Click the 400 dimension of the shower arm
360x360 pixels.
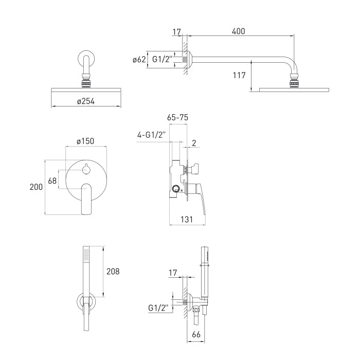pyautogui.click(x=238, y=31)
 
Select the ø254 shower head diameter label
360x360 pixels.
pyautogui.click(x=86, y=101)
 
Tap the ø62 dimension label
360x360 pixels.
pyautogui.click(x=139, y=60)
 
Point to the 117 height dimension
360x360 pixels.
pyautogui.click(x=239, y=75)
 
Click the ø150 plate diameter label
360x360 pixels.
pyautogui.click(x=85, y=141)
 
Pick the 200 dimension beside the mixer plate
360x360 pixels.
pyautogui.click(x=36, y=187)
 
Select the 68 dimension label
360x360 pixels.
pyautogui.click(x=52, y=181)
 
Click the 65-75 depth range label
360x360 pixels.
pyautogui.click(x=177, y=117)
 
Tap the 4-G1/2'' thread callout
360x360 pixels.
pyautogui.click(x=151, y=135)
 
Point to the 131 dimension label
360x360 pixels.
pyautogui.click(x=187, y=219)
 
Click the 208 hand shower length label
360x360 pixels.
pyautogui.click(x=113, y=272)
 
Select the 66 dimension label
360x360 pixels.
pyautogui.click(x=196, y=334)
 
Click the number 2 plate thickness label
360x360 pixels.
pyautogui.click(x=194, y=143)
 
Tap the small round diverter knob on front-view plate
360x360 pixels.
pyautogui.click(x=86, y=170)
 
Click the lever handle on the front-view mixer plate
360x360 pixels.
pyautogui.click(x=86, y=199)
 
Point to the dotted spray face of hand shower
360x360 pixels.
pyautogui.click(x=86, y=254)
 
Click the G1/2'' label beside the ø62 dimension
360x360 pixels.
pyautogui.click(x=163, y=59)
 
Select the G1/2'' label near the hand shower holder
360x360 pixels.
pyautogui.click(x=158, y=308)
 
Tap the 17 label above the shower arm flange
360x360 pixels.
pyautogui.click(x=177, y=32)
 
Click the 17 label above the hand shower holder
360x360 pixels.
pyautogui.click(x=173, y=273)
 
